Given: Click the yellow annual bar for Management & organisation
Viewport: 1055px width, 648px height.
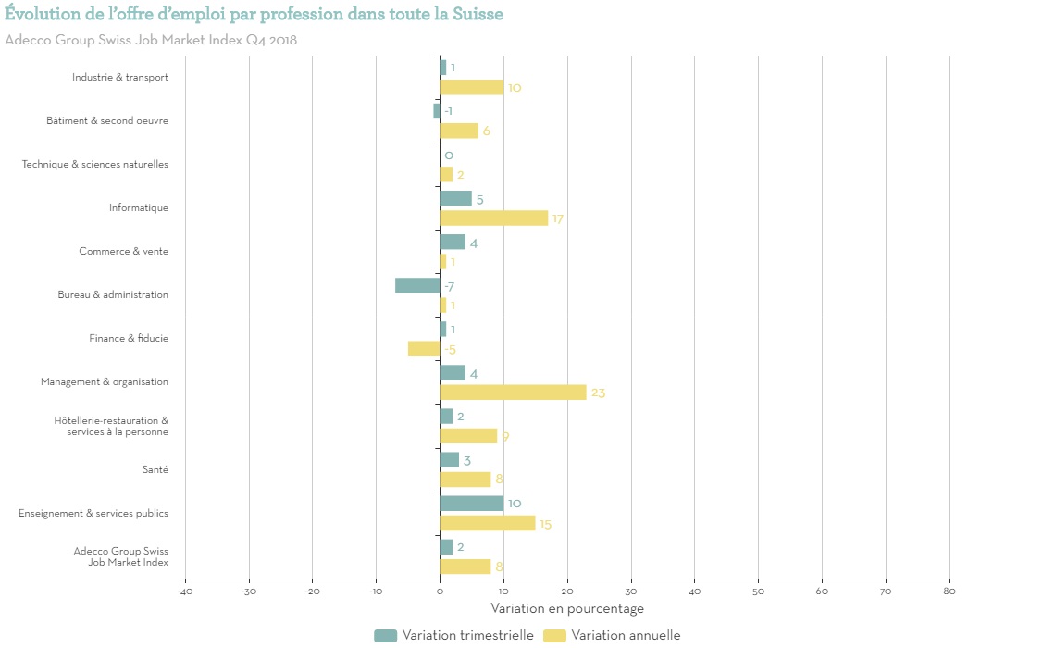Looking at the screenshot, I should coord(513,393).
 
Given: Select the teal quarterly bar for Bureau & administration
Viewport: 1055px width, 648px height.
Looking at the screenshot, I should coord(417,285).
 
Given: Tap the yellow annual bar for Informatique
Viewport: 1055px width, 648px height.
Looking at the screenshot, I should coord(493,218).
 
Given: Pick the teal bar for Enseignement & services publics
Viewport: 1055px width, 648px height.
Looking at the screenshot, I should coord(472,504).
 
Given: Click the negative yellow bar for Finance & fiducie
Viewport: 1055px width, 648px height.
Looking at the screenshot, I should coord(424,349).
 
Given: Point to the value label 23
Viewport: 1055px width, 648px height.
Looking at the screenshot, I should coord(598,393).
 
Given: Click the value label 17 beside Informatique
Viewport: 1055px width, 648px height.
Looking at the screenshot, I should coord(558,219).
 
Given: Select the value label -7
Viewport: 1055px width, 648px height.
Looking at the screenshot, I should coord(449,287).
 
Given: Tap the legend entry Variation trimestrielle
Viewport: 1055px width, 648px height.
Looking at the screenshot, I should coord(467,635).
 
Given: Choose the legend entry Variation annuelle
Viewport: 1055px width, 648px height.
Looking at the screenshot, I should coord(626,635).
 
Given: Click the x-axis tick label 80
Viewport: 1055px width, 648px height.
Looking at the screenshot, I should coord(949,592).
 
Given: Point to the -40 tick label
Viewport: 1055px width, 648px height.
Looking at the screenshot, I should coord(184,592).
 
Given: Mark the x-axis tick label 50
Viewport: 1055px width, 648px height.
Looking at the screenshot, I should coord(758,592).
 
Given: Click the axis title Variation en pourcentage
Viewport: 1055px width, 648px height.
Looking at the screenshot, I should coord(567,609).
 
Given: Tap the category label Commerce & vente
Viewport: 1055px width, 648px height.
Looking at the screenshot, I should coord(123,252).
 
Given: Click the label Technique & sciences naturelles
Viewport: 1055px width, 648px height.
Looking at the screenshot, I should coord(95,165).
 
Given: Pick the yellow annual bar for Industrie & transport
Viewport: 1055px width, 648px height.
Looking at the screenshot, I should coord(472,87).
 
